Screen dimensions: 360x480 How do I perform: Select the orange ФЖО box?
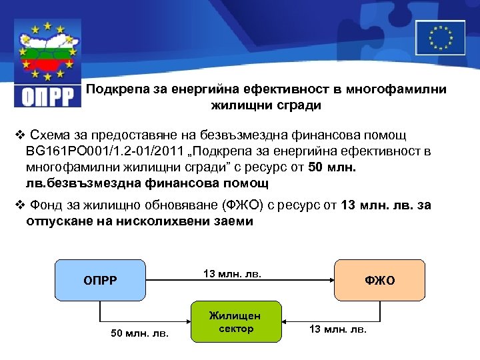(379, 280)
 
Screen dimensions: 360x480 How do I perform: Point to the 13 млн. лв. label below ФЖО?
(337, 329)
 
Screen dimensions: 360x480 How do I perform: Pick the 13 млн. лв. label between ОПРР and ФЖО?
(232, 273)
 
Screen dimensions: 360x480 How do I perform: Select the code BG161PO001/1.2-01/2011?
(89, 151)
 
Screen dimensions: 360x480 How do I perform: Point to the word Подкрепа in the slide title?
(114, 89)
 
